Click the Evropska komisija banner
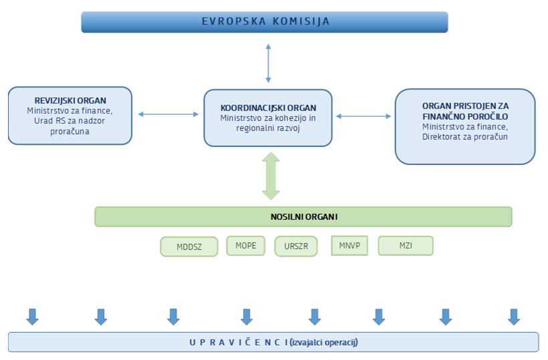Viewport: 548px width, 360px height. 265,21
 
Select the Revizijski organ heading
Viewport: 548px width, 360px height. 70,100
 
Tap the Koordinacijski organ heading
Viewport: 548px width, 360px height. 268,108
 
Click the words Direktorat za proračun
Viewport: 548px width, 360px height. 465,137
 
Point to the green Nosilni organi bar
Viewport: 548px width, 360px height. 303,216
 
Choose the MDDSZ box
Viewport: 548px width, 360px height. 188,246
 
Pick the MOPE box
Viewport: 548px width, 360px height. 245,245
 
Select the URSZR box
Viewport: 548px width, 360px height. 295,246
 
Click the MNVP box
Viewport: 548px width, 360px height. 349,245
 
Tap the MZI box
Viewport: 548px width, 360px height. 405,245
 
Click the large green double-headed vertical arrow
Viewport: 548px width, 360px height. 271,176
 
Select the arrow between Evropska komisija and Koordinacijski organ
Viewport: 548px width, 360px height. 268,63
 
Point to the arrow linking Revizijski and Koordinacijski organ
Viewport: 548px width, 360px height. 168,114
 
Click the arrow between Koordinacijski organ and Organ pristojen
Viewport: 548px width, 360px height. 363,116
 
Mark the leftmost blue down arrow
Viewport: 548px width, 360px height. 32,316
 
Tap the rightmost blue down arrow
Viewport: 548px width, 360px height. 513,316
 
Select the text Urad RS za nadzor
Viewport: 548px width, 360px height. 70,121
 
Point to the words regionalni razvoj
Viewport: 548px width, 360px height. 268,128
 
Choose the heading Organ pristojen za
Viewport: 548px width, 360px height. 465,106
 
